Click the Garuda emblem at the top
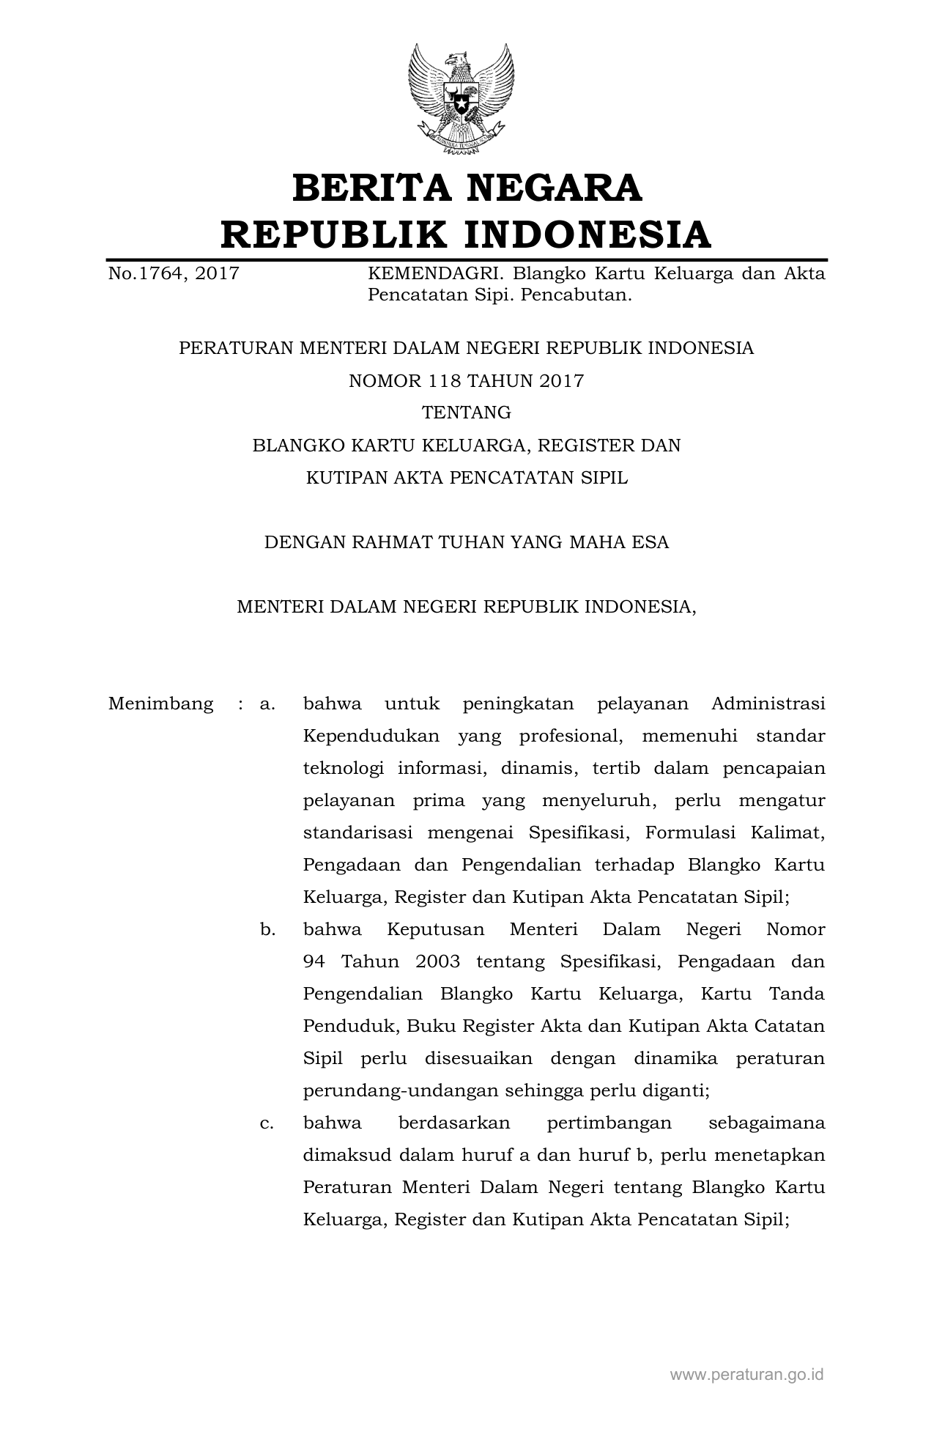[462, 98]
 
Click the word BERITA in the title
[371, 188]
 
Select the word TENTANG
[467, 413]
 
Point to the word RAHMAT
[392, 543]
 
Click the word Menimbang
[161, 704]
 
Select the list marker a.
[267, 704]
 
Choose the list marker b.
[267, 930]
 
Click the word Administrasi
[768, 704]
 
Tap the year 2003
[437, 962]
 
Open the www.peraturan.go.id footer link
[747, 1374]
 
